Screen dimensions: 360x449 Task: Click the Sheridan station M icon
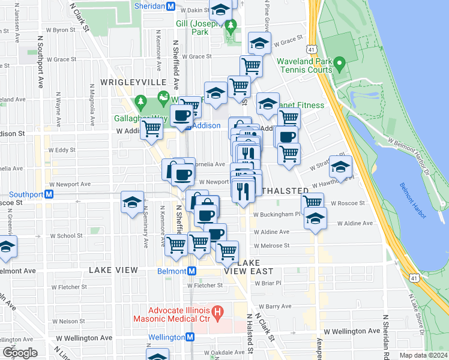[x=170, y=7]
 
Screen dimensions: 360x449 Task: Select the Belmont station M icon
[x=191, y=271]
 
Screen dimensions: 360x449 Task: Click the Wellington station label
[x=167, y=337]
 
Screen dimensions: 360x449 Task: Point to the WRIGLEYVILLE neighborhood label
[x=124, y=81]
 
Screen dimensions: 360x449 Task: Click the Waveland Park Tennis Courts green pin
[x=339, y=63]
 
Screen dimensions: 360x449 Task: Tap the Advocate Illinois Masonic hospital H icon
[x=218, y=313]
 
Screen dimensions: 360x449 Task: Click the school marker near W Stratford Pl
[x=340, y=168]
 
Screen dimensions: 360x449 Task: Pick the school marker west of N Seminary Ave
[x=132, y=202]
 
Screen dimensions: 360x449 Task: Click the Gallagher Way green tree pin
[x=141, y=101]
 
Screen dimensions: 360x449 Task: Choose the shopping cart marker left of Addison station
[x=152, y=127]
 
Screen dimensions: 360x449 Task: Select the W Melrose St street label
[x=271, y=245]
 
